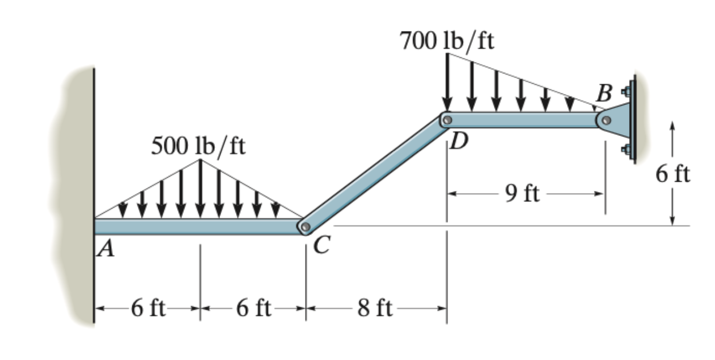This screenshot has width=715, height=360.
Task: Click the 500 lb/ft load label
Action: (x=198, y=147)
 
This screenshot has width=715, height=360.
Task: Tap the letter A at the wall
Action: (x=105, y=249)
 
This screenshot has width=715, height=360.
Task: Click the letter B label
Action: (x=604, y=92)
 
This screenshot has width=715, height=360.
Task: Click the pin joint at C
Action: (x=305, y=228)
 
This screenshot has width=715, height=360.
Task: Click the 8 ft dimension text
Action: (x=375, y=309)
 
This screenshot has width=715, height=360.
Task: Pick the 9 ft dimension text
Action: (x=522, y=195)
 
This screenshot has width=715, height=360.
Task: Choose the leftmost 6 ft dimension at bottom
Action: (x=148, y=309)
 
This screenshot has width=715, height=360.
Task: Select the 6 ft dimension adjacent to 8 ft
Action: (x=253, y=309)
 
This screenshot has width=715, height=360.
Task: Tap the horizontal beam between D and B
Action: (x=524, y=120)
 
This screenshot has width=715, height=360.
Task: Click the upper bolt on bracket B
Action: (x=626, y=90)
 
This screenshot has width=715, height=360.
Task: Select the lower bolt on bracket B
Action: (x=626, y=150)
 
